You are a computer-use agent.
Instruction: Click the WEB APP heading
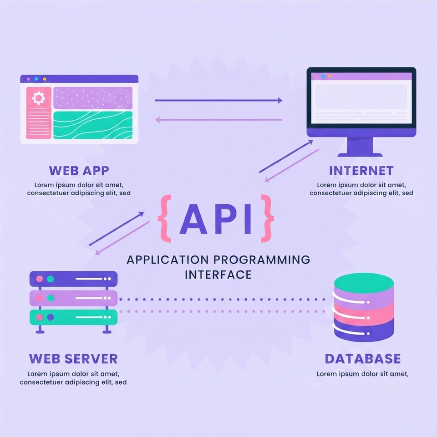coord(79,171)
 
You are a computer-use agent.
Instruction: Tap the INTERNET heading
coord(361,171)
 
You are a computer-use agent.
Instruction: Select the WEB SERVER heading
coord(73,359)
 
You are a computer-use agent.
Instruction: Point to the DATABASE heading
coord(363,359)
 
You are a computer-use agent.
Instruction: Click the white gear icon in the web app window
coord(38,98)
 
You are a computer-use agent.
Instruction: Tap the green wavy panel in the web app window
coord(93,125)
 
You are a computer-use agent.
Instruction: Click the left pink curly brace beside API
coord(164,218)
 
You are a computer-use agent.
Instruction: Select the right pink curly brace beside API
coord(267,218)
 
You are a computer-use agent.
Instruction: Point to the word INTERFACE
coord(218,275)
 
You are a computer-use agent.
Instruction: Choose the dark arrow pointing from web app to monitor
coord(218,100)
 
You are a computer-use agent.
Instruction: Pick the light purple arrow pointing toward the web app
coord(218,120)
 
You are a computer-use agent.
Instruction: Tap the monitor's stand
coord(360,147)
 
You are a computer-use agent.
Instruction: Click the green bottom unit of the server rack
coord(74,317)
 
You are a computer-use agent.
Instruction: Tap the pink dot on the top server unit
coord(40,279)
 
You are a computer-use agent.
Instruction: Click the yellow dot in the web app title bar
coord(45,79)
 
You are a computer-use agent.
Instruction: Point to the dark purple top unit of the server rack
coord(74,279)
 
